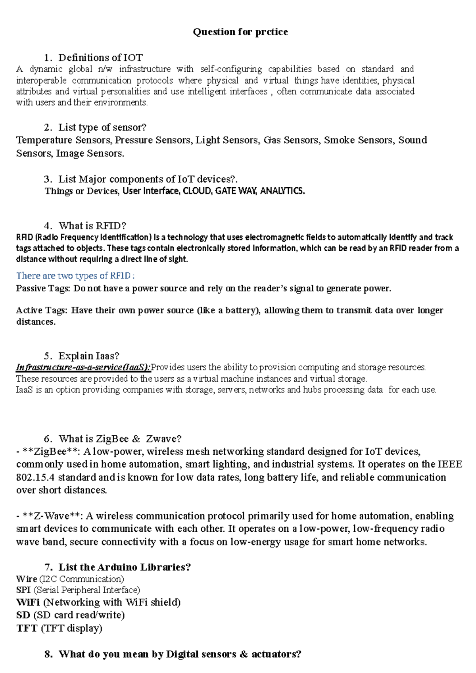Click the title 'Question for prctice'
tap(240, 32)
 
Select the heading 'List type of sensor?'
tap(102, 127)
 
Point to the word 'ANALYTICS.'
tap(282, 191)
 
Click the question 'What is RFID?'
tap(92, 226)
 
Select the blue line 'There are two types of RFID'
tap(75, 275)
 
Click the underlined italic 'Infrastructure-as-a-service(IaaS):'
tap(83, 367)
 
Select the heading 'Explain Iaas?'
tap(88, 356)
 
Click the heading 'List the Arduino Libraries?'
tap(125, 567)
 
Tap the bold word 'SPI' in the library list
tap(23, 590)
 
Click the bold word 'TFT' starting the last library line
tap(27, 628)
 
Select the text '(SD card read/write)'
tap(79, 615)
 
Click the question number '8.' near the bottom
tap(49, 654)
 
